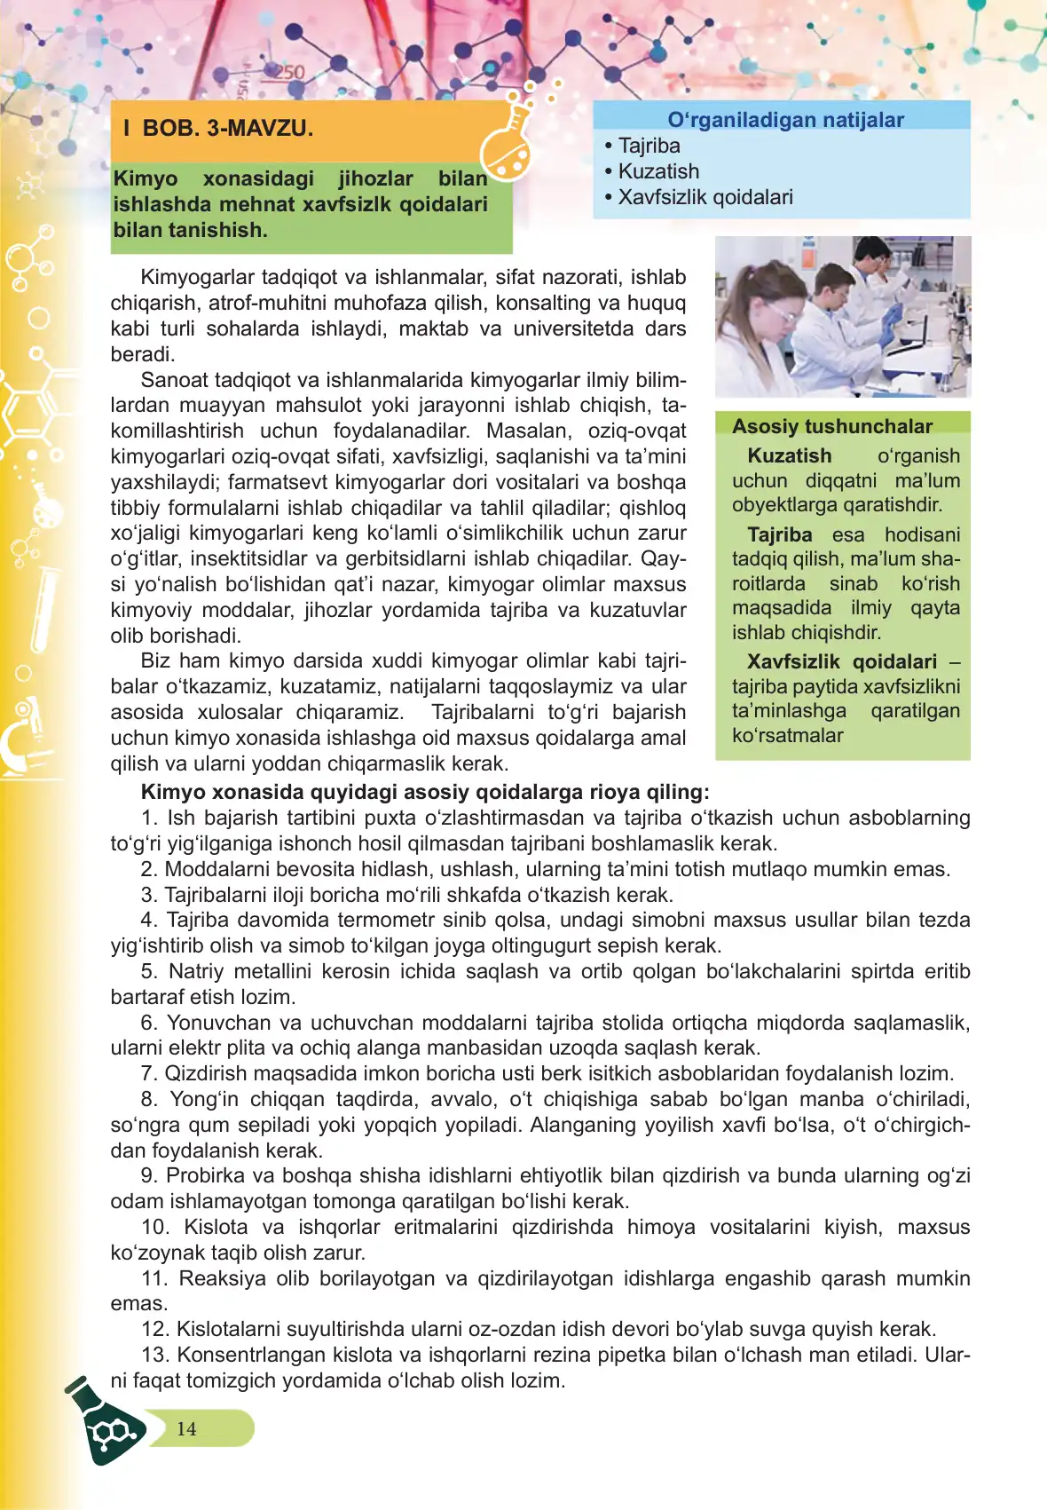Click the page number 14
pyautogui.click(x=186, y=1429)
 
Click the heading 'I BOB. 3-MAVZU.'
pyautogui.click(x=218, y=129)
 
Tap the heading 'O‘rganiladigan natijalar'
pyautogui.click(x=785, y=120)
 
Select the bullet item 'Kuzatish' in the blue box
pyautogui.click(x=658, y=171)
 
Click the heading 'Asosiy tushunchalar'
pyautogui.click(x=831, y=426)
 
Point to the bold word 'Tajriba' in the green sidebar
pyautogui.click(x=779, y=535)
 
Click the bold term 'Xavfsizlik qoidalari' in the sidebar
pyautogui.click(x=841, y=662)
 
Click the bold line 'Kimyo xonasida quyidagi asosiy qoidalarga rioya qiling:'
pyautogui.click(x=424, y=792)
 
